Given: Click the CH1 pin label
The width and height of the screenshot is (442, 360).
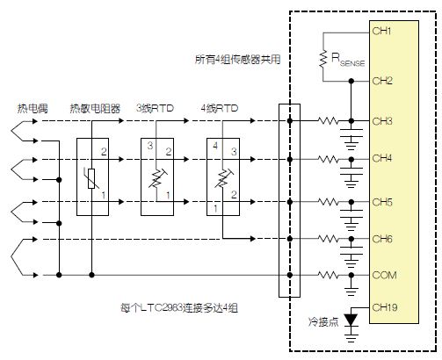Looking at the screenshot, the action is coord(381,31).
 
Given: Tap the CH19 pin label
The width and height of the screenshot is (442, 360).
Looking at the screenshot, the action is coord(385,307).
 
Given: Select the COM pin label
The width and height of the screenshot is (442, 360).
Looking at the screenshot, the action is coord(384,275).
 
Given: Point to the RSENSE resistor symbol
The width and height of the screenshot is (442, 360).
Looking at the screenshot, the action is coord(323,59).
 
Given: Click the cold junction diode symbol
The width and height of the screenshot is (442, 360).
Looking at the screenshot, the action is coord(351,320).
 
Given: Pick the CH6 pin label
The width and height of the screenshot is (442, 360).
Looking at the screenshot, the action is coord(382,239).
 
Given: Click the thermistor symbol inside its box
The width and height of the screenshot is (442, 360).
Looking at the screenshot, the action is coord(91,178).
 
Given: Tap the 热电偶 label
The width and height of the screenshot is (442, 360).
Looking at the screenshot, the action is coord(33,108).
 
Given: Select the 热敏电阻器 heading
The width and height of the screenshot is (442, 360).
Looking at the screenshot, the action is coord(95,108).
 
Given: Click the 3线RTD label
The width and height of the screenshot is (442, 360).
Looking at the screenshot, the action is coord(155,108).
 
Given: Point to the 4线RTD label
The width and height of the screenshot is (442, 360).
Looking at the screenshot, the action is coord(220,108).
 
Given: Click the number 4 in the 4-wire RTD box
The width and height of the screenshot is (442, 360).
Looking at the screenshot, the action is coord(215,146).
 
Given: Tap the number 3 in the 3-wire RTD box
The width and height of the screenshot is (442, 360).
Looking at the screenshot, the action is coord(150,146).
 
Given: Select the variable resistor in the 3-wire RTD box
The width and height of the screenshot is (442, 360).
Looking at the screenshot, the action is coord(157,178).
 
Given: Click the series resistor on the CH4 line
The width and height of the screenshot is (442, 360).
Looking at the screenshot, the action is coord(328,159).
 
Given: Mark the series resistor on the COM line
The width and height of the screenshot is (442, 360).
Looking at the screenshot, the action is coord(328,275).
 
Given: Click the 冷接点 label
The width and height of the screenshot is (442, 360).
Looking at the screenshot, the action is coord(323,321).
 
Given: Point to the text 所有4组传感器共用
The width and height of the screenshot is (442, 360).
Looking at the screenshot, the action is coord(238,60).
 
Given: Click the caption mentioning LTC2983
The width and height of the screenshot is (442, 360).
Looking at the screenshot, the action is coord(179,308).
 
